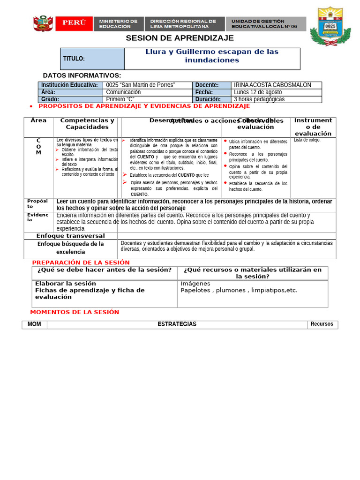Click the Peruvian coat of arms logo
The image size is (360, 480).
[43, 23]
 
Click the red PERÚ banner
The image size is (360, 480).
[74, 23]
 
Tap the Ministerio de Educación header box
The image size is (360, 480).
[118, 24]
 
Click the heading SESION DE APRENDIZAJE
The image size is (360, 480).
[180, 38]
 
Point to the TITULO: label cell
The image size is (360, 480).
[92, 59]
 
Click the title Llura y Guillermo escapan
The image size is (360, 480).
[212, 56]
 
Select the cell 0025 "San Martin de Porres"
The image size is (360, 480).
[141, 85]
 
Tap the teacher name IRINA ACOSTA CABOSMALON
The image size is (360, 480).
[272, 85]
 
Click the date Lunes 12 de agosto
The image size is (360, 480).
[258, 92]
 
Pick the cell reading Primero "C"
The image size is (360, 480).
[120, 99]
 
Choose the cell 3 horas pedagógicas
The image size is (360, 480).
[259, 99]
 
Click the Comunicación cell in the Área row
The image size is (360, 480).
[123, 92]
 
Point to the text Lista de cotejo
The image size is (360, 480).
[307, 140]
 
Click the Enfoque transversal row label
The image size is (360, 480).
[71, 236]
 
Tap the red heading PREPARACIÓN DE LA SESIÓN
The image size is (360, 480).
[81, 262]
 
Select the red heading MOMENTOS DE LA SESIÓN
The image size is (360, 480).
[75, 312]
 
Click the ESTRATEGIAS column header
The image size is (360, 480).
[177, 324]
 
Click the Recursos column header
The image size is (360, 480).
[322, 324]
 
